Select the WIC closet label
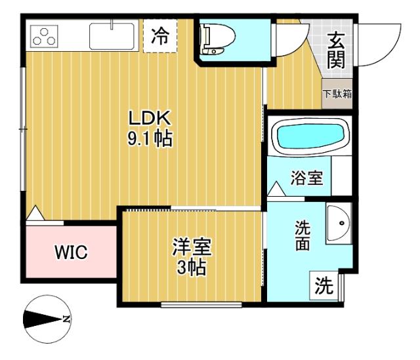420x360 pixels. click(70, 251)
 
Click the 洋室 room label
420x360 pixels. click(192, 249)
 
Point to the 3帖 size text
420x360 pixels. click(192, 268)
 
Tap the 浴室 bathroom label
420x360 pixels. click(306, 178)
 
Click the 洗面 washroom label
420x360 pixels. click(302, 235)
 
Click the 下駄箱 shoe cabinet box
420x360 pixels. click(337, 93)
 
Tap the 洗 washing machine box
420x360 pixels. click(324, 286)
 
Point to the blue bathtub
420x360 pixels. click(310, 137)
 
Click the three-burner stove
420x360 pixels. click(43, 37)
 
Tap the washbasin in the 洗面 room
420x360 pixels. click(339, 223)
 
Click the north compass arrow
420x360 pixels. click(47, 320)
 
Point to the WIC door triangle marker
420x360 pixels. click(35, 212)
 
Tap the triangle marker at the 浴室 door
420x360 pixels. click(276, 190)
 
